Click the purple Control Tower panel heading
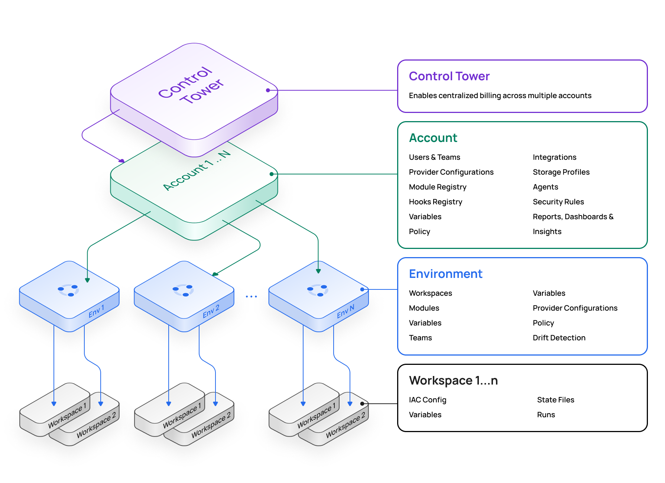(449, 76)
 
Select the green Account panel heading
(433, 138)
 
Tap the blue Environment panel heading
(445, 274)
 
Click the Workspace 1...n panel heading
(453, 380)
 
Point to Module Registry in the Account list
(437, 187)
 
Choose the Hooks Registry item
(435, 202)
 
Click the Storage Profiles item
(561, 172)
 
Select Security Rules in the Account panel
(558, 202)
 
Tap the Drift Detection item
(559, 338)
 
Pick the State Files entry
(555, 400)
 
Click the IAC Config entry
(428, 400)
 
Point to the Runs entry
(546, 415)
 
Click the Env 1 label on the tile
(97, 311)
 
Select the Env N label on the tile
(346, 311)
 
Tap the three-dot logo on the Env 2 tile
(183, 290)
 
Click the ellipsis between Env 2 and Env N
(251, 296)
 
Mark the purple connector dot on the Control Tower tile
(268, 90)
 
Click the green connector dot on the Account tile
(272, 174)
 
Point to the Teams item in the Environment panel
(420, 338)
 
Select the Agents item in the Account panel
(545, 187)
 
